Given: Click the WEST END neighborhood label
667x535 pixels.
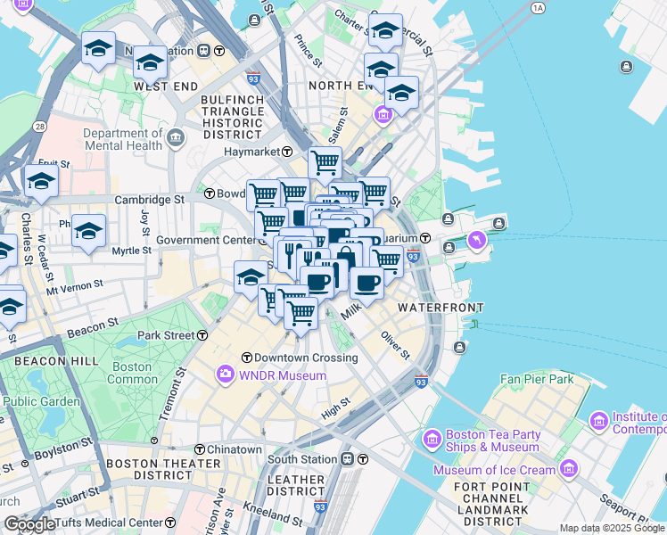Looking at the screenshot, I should point(165,86).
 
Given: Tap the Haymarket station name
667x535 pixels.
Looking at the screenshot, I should point(251,152).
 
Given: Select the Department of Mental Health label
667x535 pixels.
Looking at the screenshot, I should point(122,139).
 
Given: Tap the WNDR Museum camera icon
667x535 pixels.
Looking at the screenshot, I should point(226,374).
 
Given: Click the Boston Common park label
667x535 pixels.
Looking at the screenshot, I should point(132,373).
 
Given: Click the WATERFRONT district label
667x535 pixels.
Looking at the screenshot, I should point(440,307).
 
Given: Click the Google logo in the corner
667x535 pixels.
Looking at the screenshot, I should point(29,524).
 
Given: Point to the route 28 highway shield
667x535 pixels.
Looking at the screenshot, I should point(40,127).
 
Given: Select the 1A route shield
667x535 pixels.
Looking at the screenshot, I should point(537,8).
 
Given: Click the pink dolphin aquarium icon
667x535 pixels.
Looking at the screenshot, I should point(479,240).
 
